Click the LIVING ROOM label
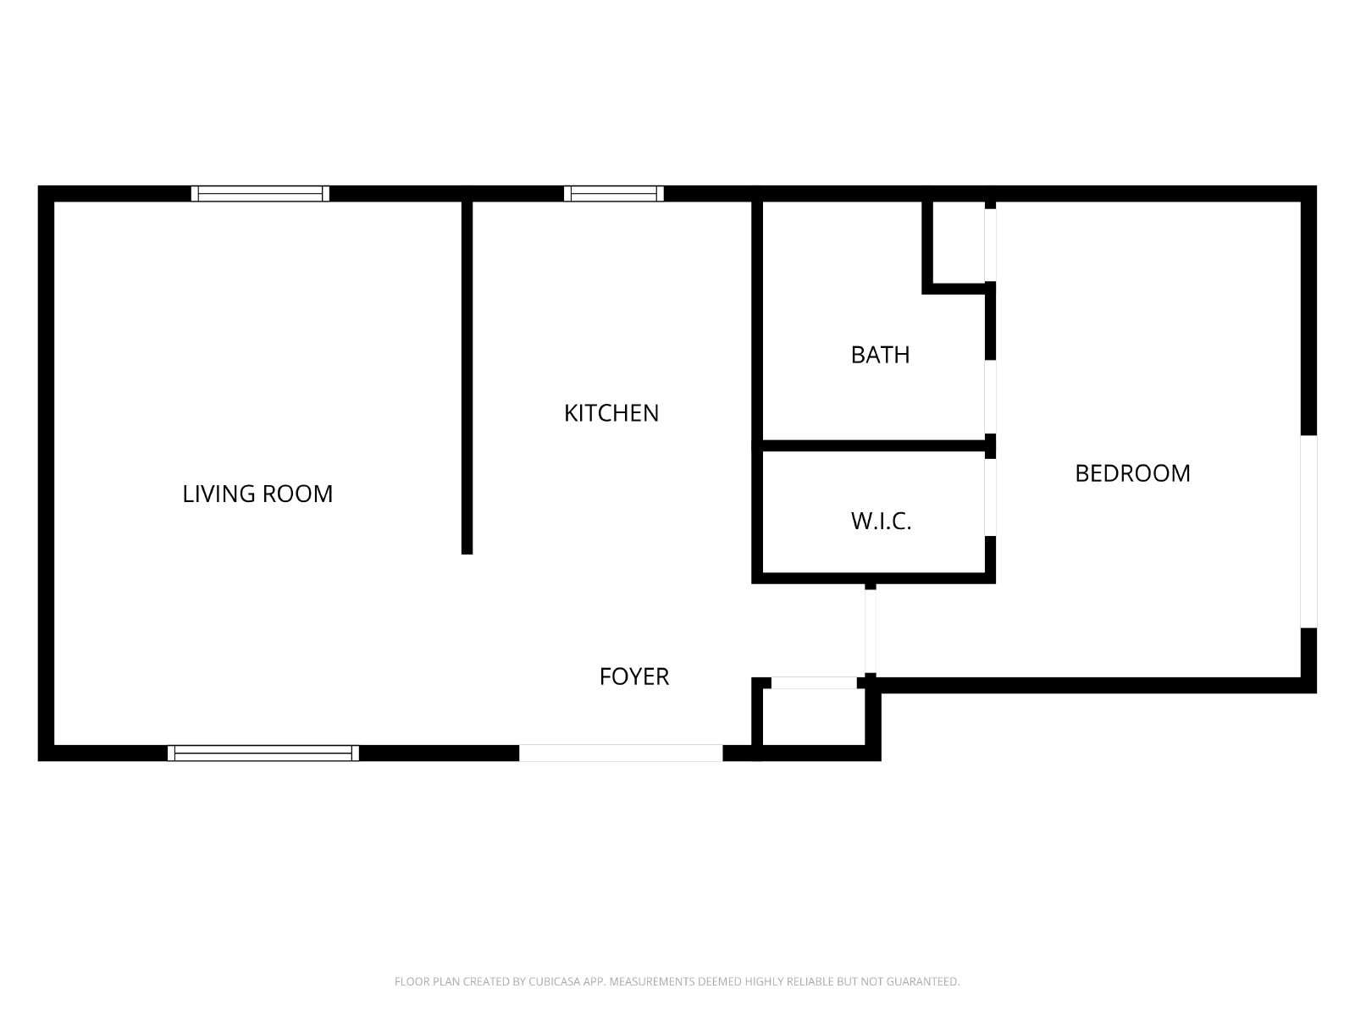tap(257, 494)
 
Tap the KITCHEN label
tap(611, 413)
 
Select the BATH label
tap(880, 355)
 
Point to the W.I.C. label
tap(881, 522)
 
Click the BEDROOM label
tap(1132, 473)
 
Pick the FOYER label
tap(634, 676)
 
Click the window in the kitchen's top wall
tap(614, 194)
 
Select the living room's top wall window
tap(260, 194)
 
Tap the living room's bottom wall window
tap(263, 754)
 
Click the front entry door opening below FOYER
tap(621, 754)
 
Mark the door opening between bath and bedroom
tap(989, 396)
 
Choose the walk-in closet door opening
tap(989, 497)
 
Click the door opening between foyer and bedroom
tap(870, 631)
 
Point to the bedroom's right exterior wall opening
tap(1308, 531)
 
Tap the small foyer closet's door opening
tap(814, 683)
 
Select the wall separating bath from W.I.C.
tap(873, 445)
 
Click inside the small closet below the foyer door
tap(814, 717)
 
